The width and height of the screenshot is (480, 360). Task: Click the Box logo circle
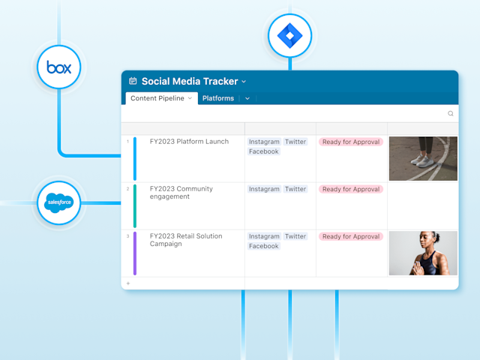pyautogui.click(x=58, y=68)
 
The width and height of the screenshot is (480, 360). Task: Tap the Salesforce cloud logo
pyautogui.click(x=58, y=202)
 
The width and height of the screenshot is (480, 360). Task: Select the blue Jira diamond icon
pyautogui.click(x=289, y=35)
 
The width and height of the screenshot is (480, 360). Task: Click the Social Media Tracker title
pyautogui.click(x=189, y=81)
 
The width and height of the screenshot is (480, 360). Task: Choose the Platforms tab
pyautogui.click(x=218, y=98)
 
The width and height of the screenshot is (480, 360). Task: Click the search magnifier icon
pyautogui.click(x=451, y=113)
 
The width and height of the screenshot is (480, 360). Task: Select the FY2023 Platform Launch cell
pyautogui.click(x=189, y=142)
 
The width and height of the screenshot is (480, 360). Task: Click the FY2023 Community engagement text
pyautogui.click(x=181, y=193)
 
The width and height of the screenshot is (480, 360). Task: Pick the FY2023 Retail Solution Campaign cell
pyautogui.click(x=186, y=241)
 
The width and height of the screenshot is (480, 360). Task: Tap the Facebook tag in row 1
pyautogui.click(x=263, y=151)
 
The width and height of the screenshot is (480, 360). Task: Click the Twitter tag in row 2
pyautogui.click(x=295, y=189)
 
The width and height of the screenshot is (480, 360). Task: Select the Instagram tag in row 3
pyautogui.click(x=264, y=236)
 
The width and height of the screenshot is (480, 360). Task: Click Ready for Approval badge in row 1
pyautogui.click(x=351, y=142)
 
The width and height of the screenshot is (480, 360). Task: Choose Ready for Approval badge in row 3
pyautogui.click(x=351, y=236)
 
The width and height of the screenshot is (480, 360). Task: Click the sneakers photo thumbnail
pyautogui.click(x=423, y=158)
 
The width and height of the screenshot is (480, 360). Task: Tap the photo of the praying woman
pyautogui.click(x=423, y=253)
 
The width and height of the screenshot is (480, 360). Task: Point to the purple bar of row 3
pyautogui.click(x=135, y=253)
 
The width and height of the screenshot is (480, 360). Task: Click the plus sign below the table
pyautogui.click(x=127, y=283)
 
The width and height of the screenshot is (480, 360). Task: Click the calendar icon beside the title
pyautogui.click(x=133, y=81)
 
